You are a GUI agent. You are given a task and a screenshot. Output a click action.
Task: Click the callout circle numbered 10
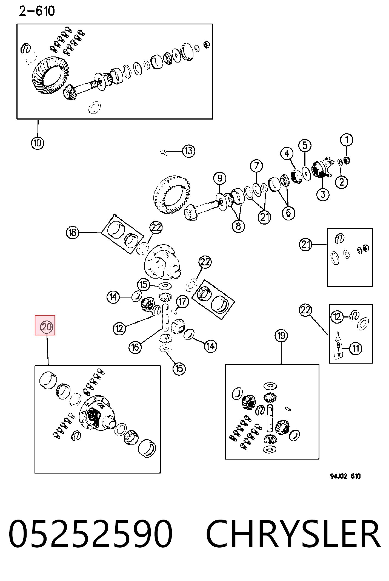tap(38, 143)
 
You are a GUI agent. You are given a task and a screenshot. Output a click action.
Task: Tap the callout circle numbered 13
tap(189, 151)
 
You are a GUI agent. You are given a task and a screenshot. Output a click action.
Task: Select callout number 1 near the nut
tap(347, 140)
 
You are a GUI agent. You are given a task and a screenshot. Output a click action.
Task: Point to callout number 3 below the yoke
tap(323, 194)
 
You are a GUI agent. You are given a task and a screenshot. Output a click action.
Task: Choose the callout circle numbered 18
tap(72, 233)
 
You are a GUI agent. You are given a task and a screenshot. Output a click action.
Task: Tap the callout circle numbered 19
tap(281, 336)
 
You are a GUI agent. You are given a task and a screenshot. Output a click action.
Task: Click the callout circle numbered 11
tap(356, 348)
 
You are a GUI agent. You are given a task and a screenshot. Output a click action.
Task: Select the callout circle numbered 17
tap(182, 302)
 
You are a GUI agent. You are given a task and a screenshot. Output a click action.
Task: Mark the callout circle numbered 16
tap(135, 347)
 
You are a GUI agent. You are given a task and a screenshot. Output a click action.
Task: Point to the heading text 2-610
tap(37, 11)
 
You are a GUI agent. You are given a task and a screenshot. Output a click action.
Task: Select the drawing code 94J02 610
tap(345, 476)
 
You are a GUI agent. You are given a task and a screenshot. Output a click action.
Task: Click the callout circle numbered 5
tap(305, 145)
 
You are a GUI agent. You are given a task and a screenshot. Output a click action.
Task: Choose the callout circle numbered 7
tap(256, 166)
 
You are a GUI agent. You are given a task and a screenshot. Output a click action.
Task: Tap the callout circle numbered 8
tap(238, 226)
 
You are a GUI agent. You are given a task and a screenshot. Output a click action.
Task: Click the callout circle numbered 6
tap(288, 213)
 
